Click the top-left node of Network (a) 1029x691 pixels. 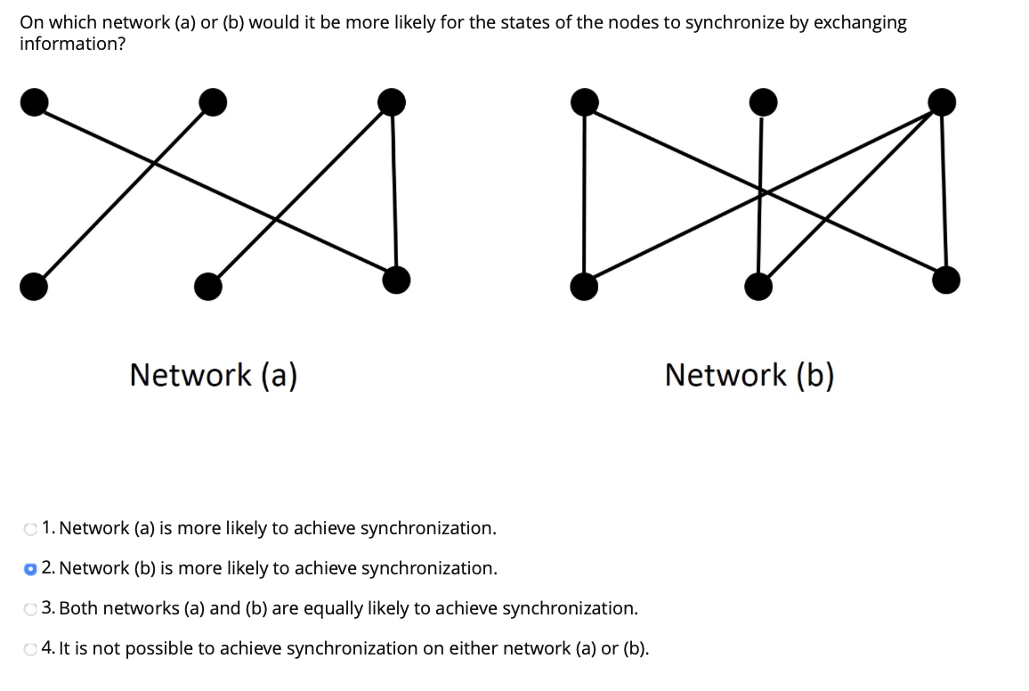point(34,103)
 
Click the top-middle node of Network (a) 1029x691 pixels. point(213,103)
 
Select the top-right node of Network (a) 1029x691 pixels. point(391,102)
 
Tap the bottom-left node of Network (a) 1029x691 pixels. point(34,286)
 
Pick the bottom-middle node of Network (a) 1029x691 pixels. point(208,286)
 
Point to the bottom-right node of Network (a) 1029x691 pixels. point(396,280)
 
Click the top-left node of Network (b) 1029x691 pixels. point(584,102)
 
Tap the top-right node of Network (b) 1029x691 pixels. point(941,102)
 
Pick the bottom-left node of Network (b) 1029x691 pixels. point(584,286)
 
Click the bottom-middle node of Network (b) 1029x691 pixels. point(758,286)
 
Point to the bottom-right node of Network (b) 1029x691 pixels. point(946,280)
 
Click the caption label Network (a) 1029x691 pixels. point(213,375)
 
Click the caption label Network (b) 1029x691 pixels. point(749,375)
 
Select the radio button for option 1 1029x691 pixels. point(31,529)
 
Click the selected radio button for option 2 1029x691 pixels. point(31,569)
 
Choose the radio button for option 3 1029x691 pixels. point(31,609)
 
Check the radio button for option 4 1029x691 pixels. point(31,649)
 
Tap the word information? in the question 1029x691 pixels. point(72,44)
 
